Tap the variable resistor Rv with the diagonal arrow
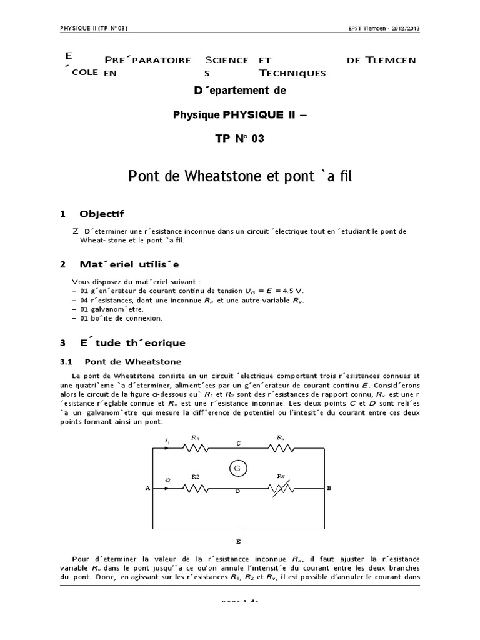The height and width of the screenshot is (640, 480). pyautogui.click(x=281, y=489)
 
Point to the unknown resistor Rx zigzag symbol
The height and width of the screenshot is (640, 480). pyautogui.click(x=281, y=448)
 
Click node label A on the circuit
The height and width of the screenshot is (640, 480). pyautogui.click(x=147, y=489)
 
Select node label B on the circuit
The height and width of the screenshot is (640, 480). pyautogui.click(x=329, y=489)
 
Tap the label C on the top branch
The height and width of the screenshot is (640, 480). pyautogui.click(x=237, y=442)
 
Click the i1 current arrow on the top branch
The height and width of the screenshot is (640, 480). pyautogui.click(x=167, y=447)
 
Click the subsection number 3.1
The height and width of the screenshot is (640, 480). pyautogui.click(x=67, y=361)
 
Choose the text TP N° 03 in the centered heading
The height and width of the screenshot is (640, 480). pyautogui.click(x=239, y=138)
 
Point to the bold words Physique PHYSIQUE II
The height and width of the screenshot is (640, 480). pyautogui.click(x=239, y=114)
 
